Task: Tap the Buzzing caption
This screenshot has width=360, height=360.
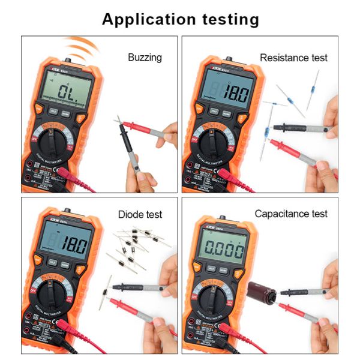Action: click(145, 58)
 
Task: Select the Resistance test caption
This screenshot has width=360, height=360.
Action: click(294, 58)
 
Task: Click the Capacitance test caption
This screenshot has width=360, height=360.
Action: click(291, 214)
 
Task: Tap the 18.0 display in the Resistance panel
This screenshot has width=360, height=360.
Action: click(229, 92)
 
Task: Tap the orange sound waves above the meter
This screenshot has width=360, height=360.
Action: click(81, 46)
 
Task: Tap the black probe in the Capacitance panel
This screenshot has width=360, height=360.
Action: click(303, 293)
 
